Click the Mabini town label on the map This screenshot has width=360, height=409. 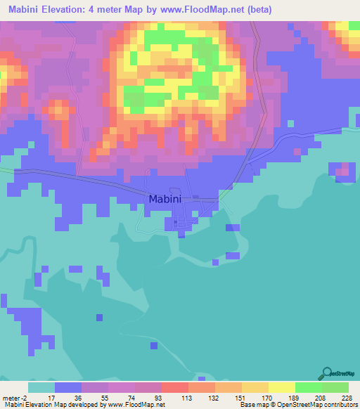click(165, 199)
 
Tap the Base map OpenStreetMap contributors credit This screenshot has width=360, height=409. click(298, 404)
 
